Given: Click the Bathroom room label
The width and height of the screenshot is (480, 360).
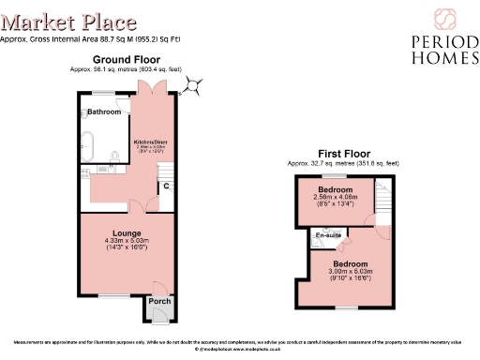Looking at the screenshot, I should (104, 112).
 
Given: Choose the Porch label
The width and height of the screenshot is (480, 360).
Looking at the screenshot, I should (158, 302).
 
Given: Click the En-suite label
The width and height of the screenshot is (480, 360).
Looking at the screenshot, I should (327, 234).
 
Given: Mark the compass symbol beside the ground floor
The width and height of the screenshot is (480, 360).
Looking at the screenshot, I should (194, 87).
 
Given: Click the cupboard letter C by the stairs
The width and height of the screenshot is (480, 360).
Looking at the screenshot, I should (166, 185).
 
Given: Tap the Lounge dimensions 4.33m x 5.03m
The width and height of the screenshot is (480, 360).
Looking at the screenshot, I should (127, 240).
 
